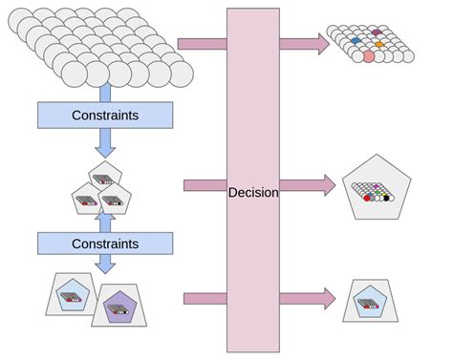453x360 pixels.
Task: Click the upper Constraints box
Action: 105,116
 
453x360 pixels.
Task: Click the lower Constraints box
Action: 105,244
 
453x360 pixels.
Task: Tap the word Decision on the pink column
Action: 253,192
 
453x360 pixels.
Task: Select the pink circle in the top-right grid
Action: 369,57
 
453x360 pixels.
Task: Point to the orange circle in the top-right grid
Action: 379,44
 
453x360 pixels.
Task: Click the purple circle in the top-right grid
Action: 377,32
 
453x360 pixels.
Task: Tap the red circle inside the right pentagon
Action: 367,198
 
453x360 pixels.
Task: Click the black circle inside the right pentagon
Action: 378,198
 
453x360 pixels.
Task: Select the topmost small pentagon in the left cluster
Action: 105,173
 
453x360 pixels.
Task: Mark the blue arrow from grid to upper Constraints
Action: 105,92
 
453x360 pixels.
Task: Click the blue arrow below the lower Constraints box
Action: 105,264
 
